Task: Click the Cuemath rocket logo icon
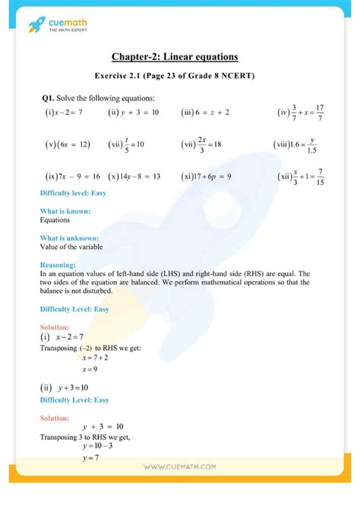click(37, 26)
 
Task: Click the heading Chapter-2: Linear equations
click(174, 57)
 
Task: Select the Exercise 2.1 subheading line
click(174, 76)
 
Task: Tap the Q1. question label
click(50, 98)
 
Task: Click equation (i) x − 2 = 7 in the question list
click(64, 112)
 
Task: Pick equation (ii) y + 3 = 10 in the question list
click(134, 112)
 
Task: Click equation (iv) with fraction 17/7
click(299, 112)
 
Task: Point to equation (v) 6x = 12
click(68, 144)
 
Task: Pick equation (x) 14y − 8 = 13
click(134, 176)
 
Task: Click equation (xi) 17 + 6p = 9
click(206, 176)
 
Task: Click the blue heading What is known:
click(65, 210)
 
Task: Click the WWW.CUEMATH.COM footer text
click(179, 467)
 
